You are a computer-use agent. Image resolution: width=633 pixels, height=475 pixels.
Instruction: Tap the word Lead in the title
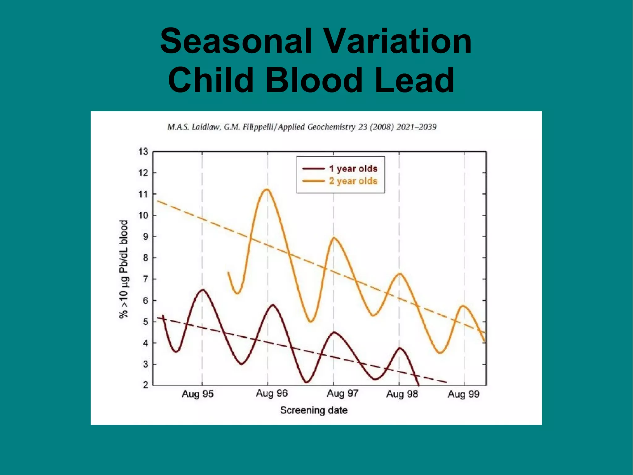[414, 80]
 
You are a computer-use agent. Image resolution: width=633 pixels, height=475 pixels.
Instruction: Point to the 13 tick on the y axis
[143, 152]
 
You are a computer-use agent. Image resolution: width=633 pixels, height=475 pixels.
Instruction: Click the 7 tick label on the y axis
[145, 279]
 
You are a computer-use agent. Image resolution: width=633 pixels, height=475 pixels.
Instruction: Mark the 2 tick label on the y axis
[145, 385]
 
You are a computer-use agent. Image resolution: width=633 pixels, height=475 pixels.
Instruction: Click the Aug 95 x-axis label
[198, 394]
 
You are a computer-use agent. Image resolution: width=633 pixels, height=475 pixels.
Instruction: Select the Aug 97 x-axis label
[342, 394]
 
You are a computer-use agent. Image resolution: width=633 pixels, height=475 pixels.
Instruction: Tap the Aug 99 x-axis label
[463, 394]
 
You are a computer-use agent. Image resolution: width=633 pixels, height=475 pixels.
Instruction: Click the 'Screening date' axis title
[314, 410]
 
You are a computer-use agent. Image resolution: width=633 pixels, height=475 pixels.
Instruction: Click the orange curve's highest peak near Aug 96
[267, 189]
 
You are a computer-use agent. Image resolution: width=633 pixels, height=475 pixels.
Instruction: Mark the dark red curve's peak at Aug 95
[202, 290]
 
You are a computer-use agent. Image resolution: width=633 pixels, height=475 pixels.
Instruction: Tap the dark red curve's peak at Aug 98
[400, 348]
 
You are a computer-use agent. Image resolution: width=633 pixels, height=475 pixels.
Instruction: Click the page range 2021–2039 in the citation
[416, 127]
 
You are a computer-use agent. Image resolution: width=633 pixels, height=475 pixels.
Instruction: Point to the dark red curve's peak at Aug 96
[273, 305]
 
